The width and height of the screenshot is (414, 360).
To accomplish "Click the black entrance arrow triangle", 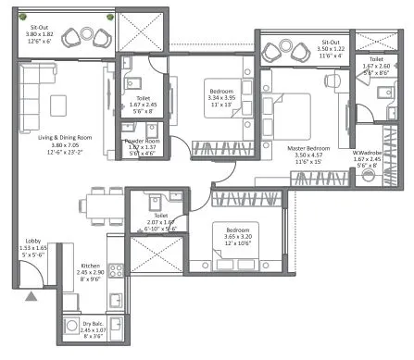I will pos(32,297).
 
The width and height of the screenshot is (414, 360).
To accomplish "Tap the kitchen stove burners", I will pos(117,270).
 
